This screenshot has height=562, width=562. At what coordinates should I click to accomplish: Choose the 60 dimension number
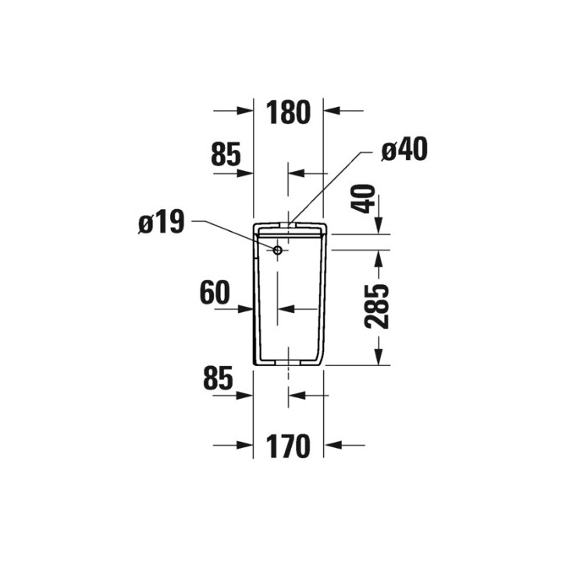215,293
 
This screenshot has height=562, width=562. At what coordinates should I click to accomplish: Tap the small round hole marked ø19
278,250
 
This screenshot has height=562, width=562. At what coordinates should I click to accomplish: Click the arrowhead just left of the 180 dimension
247,111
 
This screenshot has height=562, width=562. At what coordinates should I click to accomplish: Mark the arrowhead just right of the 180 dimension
331,111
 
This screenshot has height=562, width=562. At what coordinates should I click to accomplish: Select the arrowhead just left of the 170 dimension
247,445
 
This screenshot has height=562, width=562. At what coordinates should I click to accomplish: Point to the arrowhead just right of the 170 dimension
331,445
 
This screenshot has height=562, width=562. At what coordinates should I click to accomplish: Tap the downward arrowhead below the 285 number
379,358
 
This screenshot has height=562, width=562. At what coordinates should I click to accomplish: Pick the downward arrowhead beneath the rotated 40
379,226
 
